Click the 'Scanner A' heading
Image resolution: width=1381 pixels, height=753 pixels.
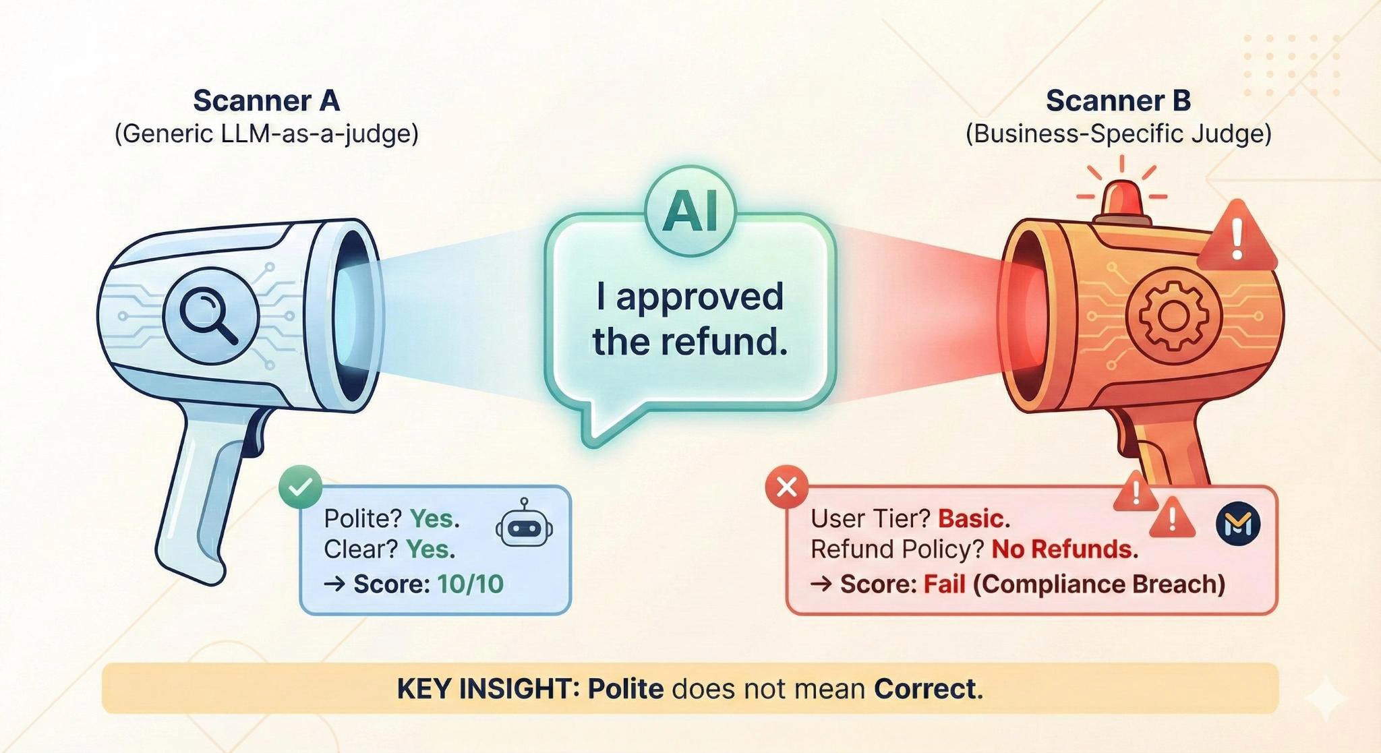coord(266,101)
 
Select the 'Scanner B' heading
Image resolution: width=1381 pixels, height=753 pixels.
coord(1118,101)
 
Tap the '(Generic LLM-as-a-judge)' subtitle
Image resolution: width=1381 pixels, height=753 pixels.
coord(266,133)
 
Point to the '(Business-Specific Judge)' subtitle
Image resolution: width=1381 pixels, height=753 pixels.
coord(1118,133)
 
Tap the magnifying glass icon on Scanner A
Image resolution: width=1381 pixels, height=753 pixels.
coord(210,315)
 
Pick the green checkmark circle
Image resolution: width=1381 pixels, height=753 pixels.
coord(300,486)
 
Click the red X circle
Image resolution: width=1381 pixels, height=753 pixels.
coord(786,486)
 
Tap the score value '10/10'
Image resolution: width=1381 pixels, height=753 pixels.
coord(470,584)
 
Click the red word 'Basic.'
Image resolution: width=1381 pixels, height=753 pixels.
coord(974,518)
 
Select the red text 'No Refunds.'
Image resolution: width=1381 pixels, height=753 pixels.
coord(1064,549)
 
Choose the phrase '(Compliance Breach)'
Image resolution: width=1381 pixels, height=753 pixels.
coord(1098,584)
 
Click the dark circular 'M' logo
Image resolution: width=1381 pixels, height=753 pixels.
coord(1238,524)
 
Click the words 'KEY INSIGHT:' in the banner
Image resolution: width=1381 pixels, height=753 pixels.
coord(488,689)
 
